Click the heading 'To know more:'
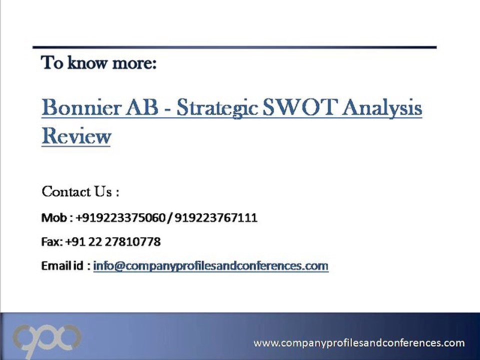click(x=99, y=63)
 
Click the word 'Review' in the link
click(x=76, y=136)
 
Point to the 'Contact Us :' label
click(x=80, y=191)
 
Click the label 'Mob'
click(x=53, y=218)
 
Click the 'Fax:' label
click(x=52, y=242)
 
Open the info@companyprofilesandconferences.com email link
click(x=210, y=266)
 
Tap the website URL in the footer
click(x=359, y=343)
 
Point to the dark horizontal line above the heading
click(x=234, y=47)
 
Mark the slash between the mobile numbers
click(x=170, y=218)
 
